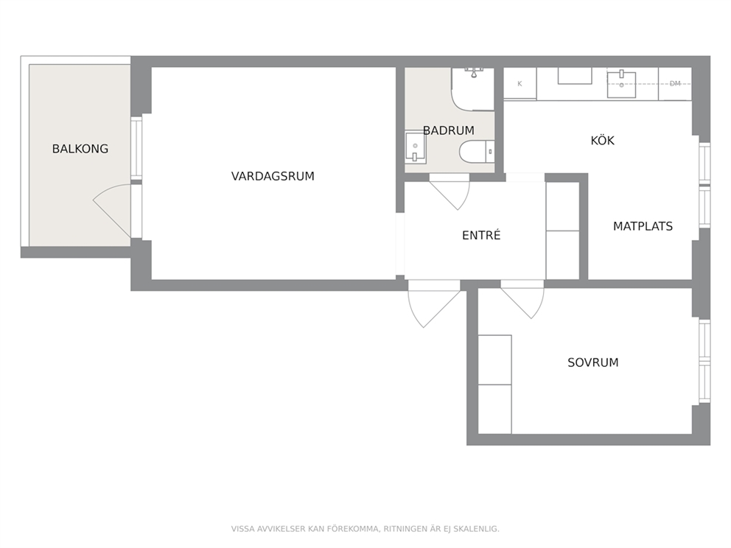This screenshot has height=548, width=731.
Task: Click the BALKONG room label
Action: [x=80, y=149]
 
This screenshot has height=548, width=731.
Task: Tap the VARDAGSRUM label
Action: [x=273, y=176]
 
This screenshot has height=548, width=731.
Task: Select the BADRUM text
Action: [x=449, y=130]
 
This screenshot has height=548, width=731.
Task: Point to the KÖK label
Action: [x=602, y=140]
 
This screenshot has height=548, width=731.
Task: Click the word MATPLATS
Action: [x=643, y=226]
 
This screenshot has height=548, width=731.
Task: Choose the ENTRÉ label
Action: [x=481, y=235]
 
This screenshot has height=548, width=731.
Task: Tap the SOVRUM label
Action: [x=593, y=362]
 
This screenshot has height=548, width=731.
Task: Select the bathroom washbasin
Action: [x=415, y=147]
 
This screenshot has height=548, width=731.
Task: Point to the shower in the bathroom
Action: [x=473, y=89]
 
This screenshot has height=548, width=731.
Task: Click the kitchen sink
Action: [x=621, y=85]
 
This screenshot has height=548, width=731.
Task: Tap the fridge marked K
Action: [x=520, y=83]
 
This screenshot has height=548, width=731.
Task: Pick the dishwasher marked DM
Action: [x=674, y=83]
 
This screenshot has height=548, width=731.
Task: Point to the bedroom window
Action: [x=704, y=361]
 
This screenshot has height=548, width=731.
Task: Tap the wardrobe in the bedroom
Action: [x=495, y=384]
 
